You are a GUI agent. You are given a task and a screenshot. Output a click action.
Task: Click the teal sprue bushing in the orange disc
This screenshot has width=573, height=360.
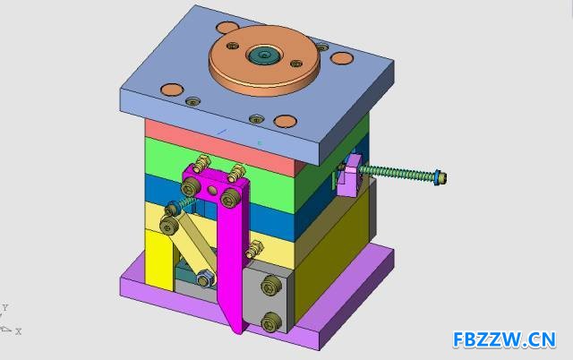coord(264,56)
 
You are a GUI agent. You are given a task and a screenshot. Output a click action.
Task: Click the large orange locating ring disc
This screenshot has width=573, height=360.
coord(265,60)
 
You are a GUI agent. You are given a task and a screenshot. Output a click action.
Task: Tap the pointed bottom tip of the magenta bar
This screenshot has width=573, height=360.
coord(238,331)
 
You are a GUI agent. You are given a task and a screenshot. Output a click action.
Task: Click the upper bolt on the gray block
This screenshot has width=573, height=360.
coord(271,286)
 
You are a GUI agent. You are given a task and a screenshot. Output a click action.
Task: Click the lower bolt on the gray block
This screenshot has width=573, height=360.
coord(272,322)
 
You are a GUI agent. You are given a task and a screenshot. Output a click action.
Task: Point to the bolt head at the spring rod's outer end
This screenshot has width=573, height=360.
coord(440,177)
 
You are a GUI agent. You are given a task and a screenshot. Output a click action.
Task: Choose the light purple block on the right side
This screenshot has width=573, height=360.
coord(350,176)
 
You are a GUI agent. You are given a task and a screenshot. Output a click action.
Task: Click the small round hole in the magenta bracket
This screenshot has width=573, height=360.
coord(211,189)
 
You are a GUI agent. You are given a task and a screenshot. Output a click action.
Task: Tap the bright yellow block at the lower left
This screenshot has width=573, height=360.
coord(159,260)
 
